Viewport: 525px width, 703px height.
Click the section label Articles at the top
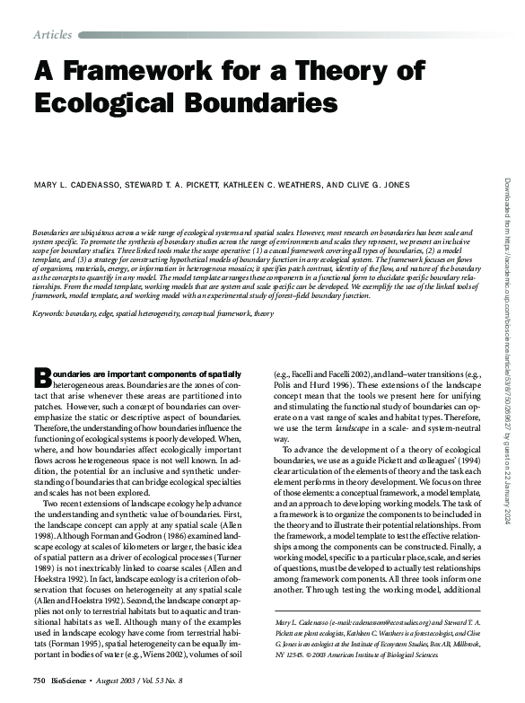pos(52,34)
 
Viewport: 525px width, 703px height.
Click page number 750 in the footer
pos(39,682)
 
